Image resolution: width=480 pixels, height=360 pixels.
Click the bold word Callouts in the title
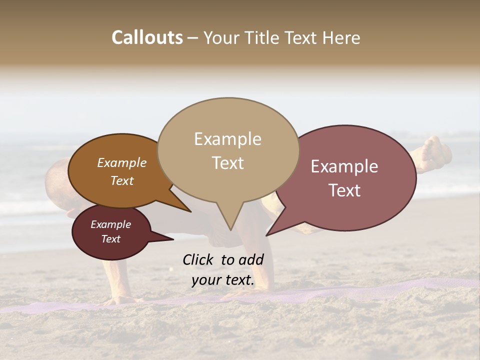pyautogui.click(x=147, y=37)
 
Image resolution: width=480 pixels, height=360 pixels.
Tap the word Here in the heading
pyautogui.click(x=342, y=37)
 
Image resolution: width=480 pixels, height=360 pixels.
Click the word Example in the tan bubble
pyautogui.click(x=227, y=139)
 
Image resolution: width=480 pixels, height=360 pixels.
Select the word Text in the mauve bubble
pyautogui.click(x=344, y=190)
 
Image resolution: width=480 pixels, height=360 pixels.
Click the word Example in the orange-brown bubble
pyautogui.click(x=121, y=163)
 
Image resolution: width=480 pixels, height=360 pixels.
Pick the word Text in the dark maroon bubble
pyautogui.click(x=110, y=239)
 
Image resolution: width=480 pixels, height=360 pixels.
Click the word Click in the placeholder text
pyautogui.click(x=197, y=259)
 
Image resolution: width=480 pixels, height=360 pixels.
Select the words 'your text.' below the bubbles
pyautogui.click(x=223, y=280)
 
